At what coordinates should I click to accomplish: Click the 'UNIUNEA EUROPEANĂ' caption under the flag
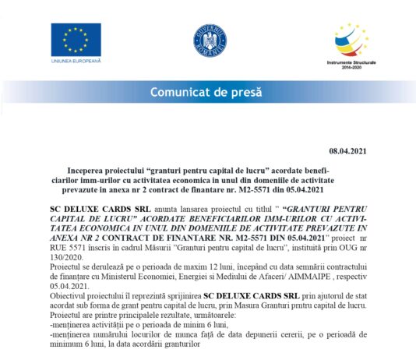[76, 60]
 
